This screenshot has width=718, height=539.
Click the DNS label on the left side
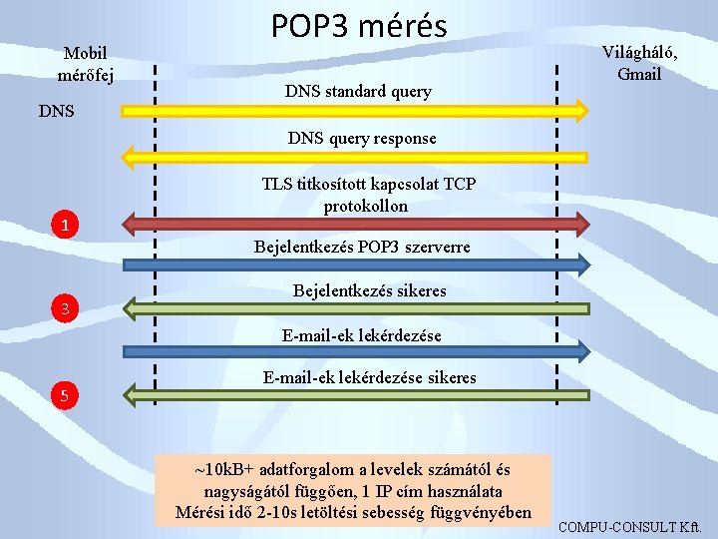pos(55,111)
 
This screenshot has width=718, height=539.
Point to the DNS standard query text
pos(358,92)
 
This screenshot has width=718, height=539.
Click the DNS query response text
pos(362,138)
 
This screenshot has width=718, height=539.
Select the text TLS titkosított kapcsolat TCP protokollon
pos(368,195)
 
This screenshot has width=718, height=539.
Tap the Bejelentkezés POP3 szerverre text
pos(362,246)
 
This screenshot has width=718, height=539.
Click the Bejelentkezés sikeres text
pos(369,290)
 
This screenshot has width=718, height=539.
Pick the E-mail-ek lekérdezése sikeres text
pos(369,377)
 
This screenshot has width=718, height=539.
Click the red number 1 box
pos(64,227)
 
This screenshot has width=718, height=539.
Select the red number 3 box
pos(64,310)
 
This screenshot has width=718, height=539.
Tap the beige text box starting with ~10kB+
pos(353,490)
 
